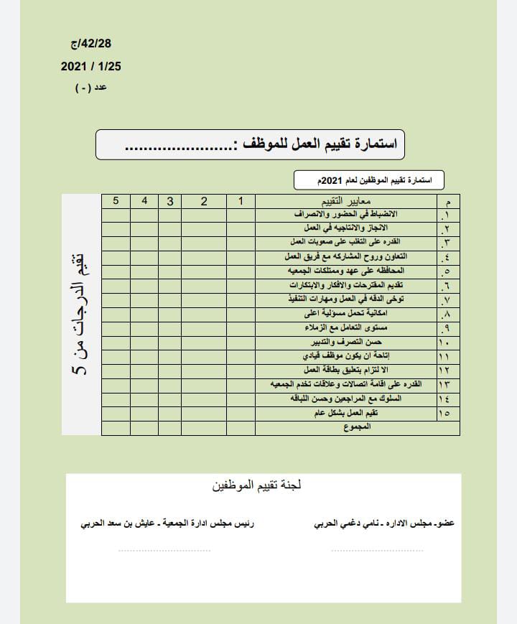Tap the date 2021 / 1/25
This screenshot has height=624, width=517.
91,66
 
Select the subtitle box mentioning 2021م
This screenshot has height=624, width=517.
369,180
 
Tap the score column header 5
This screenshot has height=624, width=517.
116,202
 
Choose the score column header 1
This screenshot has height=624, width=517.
241,202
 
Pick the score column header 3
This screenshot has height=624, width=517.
170,202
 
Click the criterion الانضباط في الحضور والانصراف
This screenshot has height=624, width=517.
346,215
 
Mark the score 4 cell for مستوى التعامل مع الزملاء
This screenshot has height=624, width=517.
144,328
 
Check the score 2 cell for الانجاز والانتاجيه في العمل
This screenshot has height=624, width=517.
204,228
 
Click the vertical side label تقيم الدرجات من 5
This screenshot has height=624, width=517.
81,315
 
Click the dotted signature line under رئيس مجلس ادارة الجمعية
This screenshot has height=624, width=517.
164,551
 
